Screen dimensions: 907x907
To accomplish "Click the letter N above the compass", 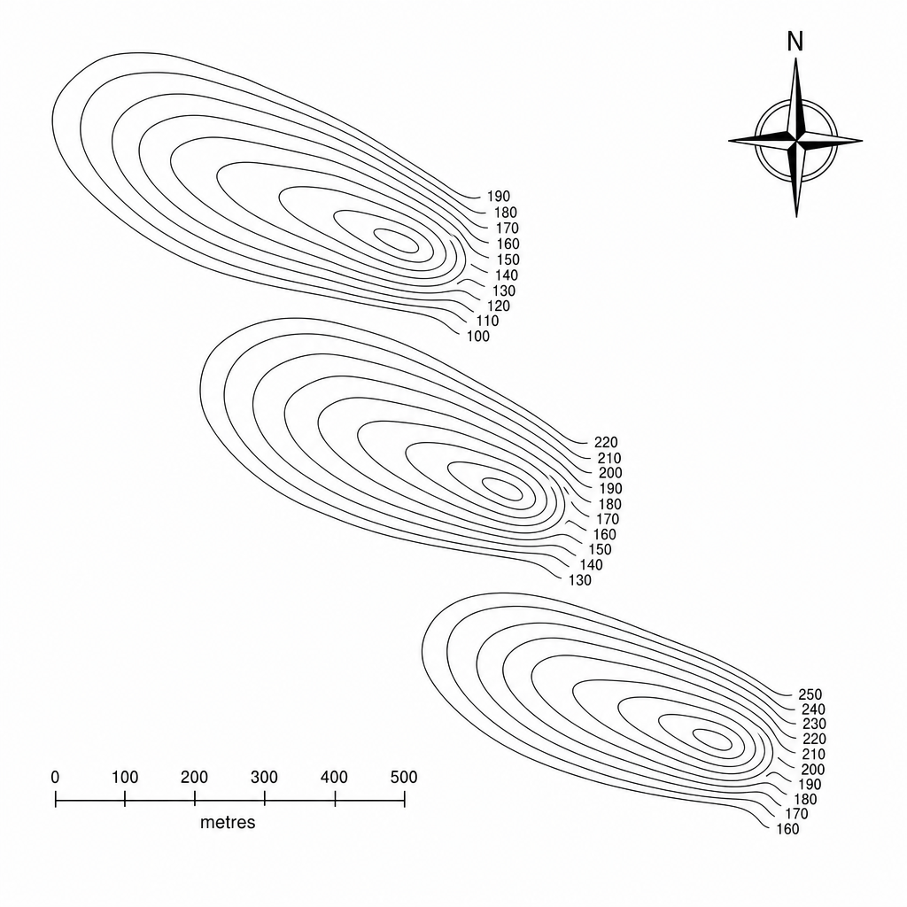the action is (x=795, y=42).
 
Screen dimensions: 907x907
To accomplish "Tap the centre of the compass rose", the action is (x=796, y=140).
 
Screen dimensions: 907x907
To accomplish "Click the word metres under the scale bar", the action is (x=228, y=823).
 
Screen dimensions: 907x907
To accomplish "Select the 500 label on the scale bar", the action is (x=404, y=777).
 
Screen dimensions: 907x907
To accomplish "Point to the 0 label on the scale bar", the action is (x=55, y=777).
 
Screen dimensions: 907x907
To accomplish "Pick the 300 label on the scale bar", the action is (x=264, y=777).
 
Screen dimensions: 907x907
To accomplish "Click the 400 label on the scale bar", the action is (x=334, y=777).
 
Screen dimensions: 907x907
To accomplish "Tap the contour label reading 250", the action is (x=810, y=694).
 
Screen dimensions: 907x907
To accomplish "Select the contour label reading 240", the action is (x=813, y=709).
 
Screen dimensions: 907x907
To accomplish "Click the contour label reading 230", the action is (x=815, y=724).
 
